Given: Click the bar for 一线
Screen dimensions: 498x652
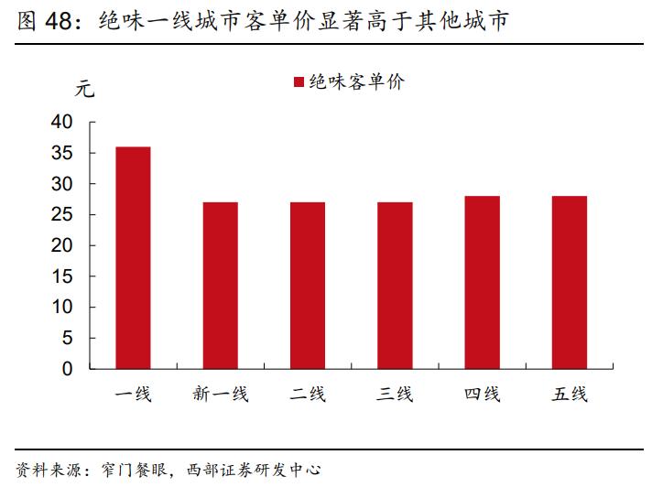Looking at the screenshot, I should point(133,257).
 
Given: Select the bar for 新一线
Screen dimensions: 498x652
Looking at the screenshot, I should point(220,286).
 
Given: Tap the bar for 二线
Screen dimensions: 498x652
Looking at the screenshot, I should point(308,286).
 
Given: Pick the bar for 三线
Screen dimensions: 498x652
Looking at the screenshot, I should point(395,286).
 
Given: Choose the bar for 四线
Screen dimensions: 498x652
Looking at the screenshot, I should point(482,282).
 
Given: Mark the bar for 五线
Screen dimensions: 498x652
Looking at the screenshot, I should point(569,282).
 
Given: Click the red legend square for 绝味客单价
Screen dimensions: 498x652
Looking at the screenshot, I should point(298,82).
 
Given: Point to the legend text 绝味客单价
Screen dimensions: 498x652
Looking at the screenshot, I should point(356,82).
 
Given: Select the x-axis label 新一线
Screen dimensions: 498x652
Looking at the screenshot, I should point(220,395).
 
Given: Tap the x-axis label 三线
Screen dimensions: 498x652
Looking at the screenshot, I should point(395,395).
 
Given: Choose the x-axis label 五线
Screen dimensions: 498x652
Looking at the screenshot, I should point(569,395).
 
